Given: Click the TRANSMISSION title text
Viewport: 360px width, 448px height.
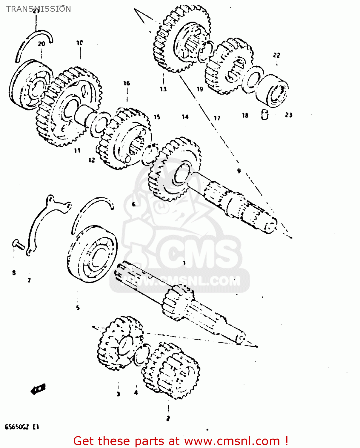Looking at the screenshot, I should (x=39, y=9).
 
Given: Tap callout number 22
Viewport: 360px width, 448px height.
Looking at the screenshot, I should (x=277, y=55).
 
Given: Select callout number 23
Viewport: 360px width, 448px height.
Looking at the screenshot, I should (x=289, y=115).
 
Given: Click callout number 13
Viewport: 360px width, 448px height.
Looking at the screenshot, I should (x=163, y=89).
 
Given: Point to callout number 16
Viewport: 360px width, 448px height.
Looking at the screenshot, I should (x=127, y=83).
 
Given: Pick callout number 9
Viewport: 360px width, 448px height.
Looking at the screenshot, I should (x=239, y=171).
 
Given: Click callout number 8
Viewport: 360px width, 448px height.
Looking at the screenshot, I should (x=14, y=273).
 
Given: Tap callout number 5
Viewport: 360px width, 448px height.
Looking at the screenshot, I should (x=78, y=308).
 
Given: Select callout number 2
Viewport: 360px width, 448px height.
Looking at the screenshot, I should (x=168, y=418).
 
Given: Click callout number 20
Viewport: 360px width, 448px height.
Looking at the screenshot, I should (x=41, y=44).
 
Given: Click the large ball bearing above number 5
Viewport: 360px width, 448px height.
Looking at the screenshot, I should (x=93, y=254).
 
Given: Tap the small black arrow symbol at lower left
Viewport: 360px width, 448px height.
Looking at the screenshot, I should (x=38, y=389).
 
